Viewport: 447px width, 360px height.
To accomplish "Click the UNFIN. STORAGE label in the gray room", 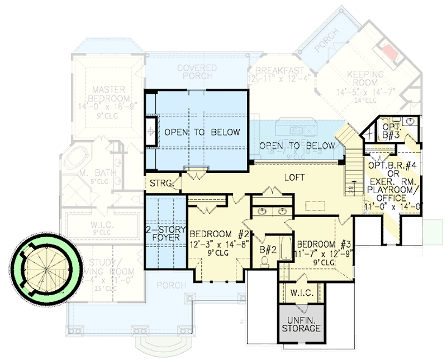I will (x=301, y=324).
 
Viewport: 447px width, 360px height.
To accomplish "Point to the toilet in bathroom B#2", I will (x=267, y=260).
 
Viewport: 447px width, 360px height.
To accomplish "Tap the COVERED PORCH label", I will (x=197, y=71).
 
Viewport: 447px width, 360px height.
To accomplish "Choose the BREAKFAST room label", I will (x=279, y=70).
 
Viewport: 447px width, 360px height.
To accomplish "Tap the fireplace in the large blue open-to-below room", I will (x=151, y=132).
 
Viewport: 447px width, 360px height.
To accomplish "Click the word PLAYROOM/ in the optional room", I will (x=394, y=190).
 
